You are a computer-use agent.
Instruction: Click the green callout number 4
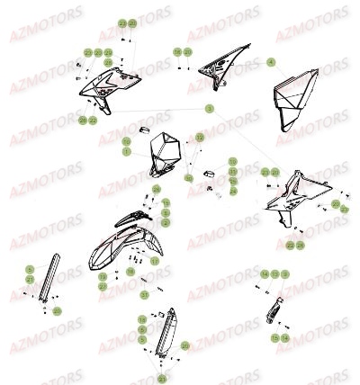(271, 62)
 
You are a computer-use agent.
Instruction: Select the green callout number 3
(210, 108)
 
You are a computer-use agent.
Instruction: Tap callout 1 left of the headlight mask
(128, 152)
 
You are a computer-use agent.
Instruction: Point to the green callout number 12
(200, 137)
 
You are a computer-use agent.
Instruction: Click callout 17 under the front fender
(154, 261)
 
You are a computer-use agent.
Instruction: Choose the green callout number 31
(144, 294)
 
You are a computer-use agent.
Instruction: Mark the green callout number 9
(285, 273)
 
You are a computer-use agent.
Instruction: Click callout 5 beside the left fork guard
(29, 270)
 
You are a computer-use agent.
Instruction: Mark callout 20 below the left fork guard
(58, 310)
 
